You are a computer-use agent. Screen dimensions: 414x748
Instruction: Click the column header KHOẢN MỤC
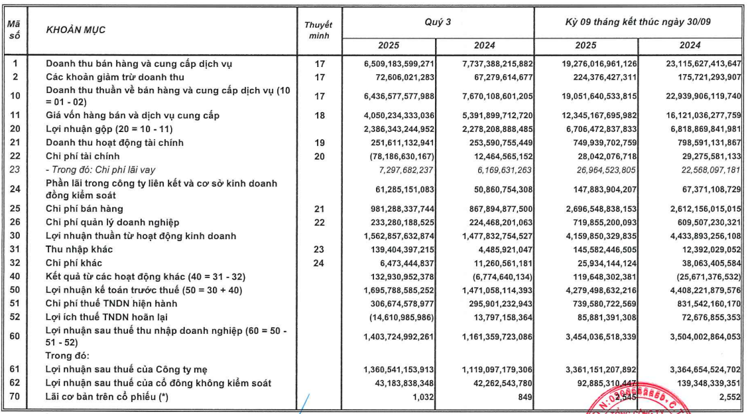click(x=76, y=30)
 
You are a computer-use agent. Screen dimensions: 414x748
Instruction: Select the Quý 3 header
click(x=438, y=22)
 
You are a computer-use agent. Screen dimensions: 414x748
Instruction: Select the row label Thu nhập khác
click(x=79, y=249)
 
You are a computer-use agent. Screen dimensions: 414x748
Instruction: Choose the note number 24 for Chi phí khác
click(x=318, y=262)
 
